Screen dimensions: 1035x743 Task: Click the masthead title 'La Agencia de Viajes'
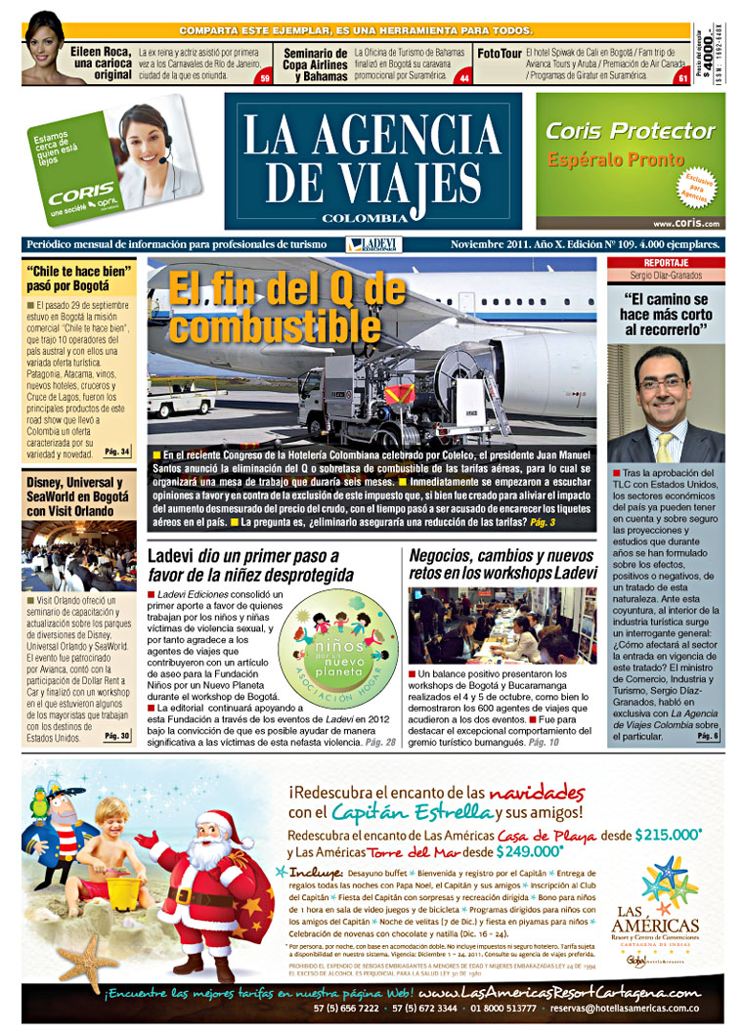(x=371, y=159)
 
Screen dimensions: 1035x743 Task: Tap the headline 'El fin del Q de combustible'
(x=285, y=307)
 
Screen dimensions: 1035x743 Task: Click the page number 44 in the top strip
(x=463, y=78)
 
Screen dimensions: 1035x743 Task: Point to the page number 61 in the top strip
(x=681, y=78)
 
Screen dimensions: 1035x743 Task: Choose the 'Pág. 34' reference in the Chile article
(x=116, y=452)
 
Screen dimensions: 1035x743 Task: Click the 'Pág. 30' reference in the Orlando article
(x=116, y=736)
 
